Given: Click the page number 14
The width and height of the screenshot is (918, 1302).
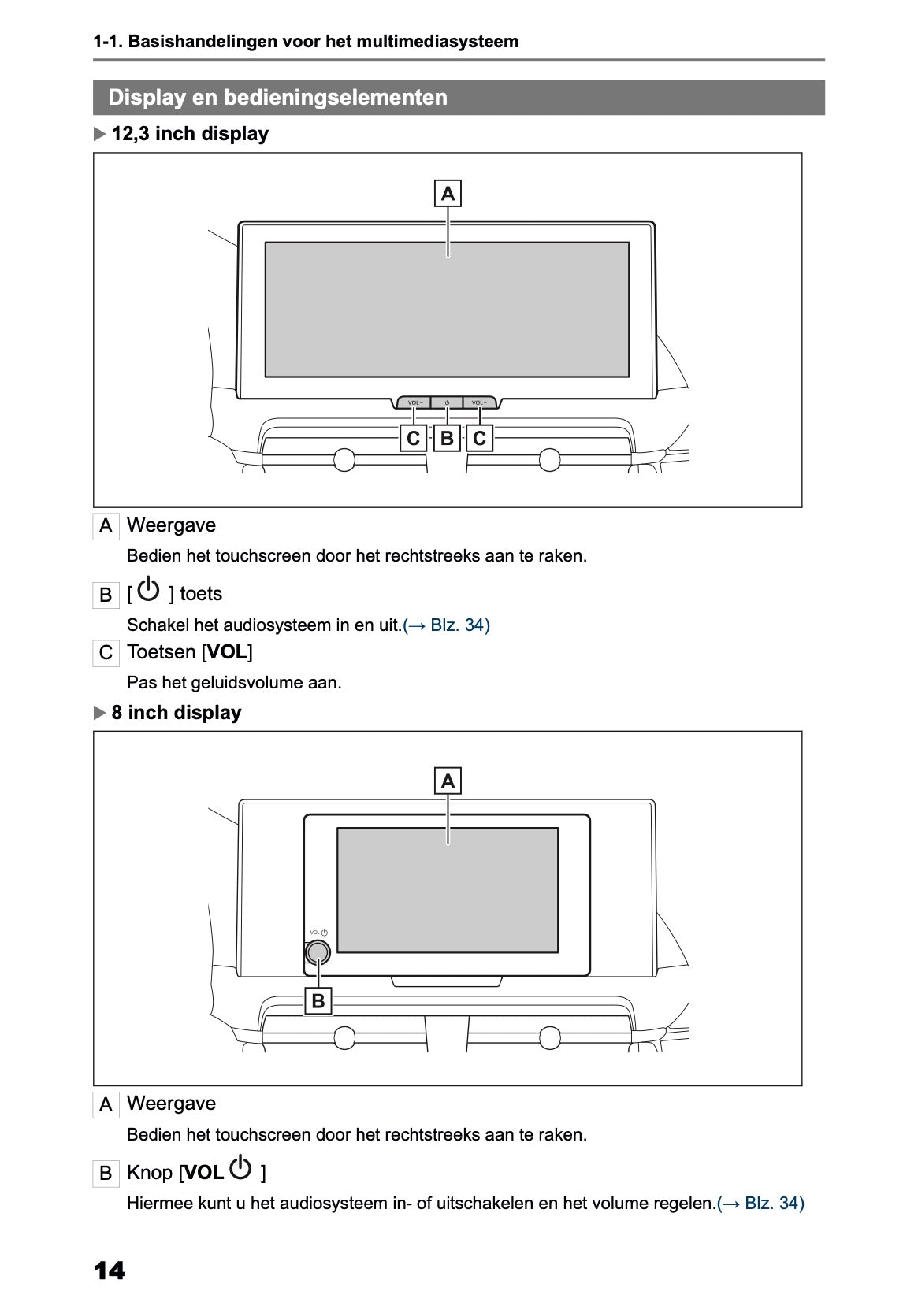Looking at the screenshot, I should pos(109,1270).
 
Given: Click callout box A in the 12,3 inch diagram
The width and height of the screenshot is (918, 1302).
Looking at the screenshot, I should pos(448,193).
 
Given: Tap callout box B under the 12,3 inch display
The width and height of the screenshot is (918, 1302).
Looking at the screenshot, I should pos(447,438).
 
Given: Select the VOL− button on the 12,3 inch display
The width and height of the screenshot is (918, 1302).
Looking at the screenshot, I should pos(414,403).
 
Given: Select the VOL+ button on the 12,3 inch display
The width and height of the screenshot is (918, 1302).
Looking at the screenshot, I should pos(479,403).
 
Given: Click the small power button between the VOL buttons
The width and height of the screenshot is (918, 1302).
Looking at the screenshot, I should pos(447,403).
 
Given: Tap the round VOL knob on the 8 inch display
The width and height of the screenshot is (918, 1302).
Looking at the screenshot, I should pos(318,952).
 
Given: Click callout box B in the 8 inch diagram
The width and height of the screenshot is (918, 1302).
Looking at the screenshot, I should pos(318,1001).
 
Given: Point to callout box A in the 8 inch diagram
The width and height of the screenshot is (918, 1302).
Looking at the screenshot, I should pos(448,781).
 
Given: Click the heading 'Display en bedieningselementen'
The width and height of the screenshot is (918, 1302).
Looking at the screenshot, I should pos(277,98).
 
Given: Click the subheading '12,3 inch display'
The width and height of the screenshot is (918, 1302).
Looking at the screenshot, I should pos(190,134).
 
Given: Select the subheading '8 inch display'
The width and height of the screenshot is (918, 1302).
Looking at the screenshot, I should pos(176,713).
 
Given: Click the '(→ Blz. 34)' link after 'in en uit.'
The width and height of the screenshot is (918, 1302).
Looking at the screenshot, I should pos(446,625).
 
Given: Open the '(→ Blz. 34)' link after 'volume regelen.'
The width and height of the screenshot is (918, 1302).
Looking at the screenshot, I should pos(760,1204).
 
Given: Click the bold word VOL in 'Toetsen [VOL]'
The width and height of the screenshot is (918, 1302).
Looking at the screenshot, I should pos(227,652).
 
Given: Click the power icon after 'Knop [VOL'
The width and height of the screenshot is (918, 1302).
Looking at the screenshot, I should pos(241,1169).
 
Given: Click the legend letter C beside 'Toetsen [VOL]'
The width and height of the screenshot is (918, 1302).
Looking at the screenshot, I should pos(106,653).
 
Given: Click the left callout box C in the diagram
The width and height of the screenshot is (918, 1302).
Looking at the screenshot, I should pos(413,438).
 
